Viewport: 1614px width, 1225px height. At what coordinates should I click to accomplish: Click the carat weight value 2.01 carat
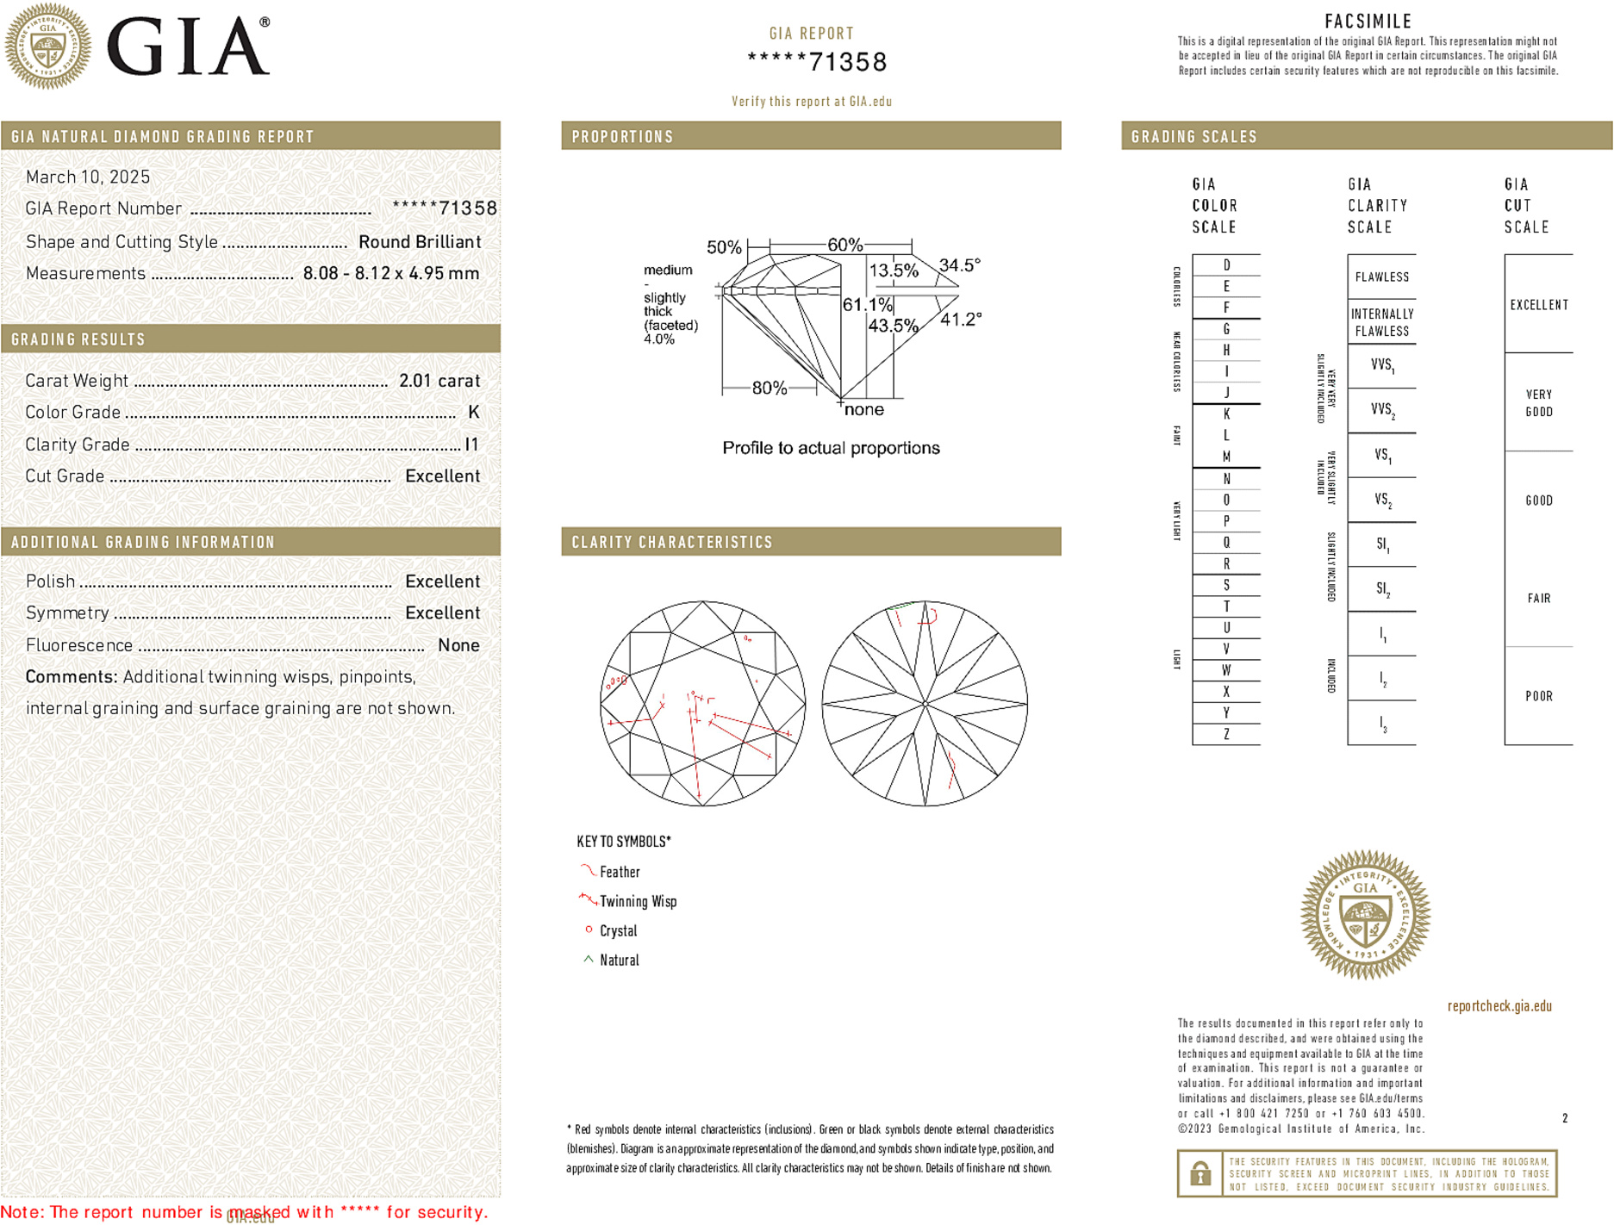tap(439, 381)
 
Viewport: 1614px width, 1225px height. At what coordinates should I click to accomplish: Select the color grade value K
tap(473, 413)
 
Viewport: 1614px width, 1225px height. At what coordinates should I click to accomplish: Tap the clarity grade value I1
tap(471, 445)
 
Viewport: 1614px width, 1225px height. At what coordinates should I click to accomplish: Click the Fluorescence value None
tap(458, 645)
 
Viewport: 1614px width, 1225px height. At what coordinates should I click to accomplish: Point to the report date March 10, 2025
tap(88, 177)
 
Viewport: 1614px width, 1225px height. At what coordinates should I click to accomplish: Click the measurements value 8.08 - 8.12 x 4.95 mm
tap(391, 274)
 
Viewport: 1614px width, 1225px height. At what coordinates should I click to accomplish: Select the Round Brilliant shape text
tap(420, 242)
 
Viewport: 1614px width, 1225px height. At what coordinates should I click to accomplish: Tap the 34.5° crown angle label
tap(959, 265)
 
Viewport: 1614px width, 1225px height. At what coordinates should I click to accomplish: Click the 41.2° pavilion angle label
tap(960, 320)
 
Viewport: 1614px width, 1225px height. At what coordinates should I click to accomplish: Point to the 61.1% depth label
tap(867, 305)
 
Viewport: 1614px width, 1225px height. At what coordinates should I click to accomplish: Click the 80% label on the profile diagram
tap(769, 388)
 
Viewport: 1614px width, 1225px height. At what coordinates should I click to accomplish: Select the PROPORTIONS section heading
tap(622, 137)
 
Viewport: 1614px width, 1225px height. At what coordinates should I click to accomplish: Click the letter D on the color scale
tap(1226, 265)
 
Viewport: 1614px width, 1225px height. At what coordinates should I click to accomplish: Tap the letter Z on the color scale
tap(1226, 734)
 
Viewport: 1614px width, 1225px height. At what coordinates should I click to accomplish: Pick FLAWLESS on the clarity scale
tap(1381, 277)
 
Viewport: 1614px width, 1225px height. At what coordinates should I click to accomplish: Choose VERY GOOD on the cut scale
tap(1538, 402)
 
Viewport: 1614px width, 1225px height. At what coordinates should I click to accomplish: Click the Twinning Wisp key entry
tap(638, 902)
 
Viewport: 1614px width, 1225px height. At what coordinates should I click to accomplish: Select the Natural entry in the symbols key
tap(619, 961)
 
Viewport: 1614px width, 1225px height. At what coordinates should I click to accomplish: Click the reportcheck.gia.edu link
tap(1499, 1006)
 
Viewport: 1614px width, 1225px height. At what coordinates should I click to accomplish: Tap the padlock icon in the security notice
tap(1200, 1173)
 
